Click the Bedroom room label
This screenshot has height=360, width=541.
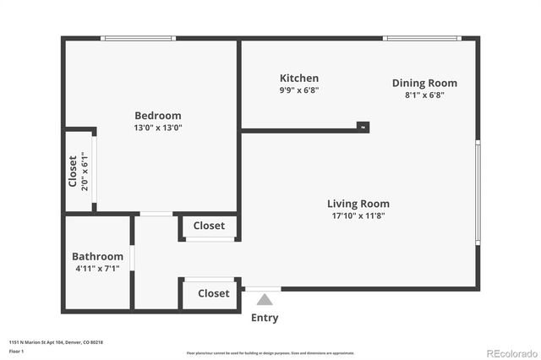coord(157,116)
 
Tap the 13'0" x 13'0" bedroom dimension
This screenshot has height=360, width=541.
coord(157,128)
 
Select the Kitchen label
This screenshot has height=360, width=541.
coord(299,79)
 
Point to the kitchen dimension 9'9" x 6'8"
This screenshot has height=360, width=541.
coord(299,90)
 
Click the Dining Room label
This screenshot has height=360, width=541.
coord(424,83)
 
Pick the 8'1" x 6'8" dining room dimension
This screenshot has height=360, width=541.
coord(424,95)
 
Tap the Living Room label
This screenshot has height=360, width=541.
coord(358,204)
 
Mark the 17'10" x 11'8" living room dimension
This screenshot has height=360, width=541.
coord(358,215)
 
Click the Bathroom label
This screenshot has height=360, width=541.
coord(97,256)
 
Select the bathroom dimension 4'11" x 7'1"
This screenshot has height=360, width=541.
coord(97,269)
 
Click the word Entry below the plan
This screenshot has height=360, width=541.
coord(265,318)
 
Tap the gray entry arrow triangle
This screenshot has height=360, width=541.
coord(265,299)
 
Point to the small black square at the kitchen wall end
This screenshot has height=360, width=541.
coord(363,127)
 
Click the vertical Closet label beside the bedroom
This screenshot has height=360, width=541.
coord(73,171)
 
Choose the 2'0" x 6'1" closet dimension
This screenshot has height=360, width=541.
coord(85,171)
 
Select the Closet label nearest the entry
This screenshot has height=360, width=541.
coord(213,293)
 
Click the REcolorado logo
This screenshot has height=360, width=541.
coord(510,352)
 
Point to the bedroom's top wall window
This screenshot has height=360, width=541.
coord(138,38)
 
